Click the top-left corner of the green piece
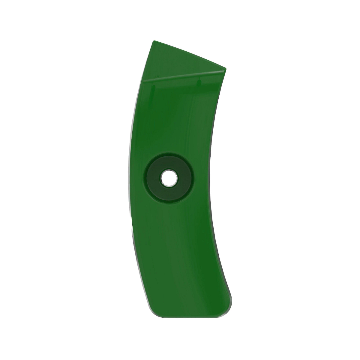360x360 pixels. click(154, 41)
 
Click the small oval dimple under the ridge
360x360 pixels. click(198, 81)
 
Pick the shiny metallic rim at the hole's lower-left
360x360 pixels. click(162, 183)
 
